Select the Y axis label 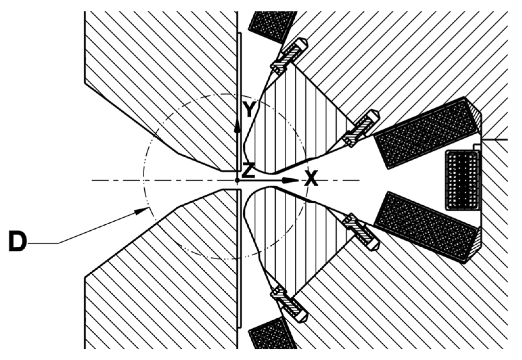pos(249,109)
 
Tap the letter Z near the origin pos(249,170)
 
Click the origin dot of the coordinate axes pos(237,180)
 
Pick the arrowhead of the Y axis pos(237,128)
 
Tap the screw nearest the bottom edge pos(289,304)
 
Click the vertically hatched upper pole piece pos(296,125)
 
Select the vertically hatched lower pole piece pos(289,236)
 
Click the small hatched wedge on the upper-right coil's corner pos(475,114)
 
